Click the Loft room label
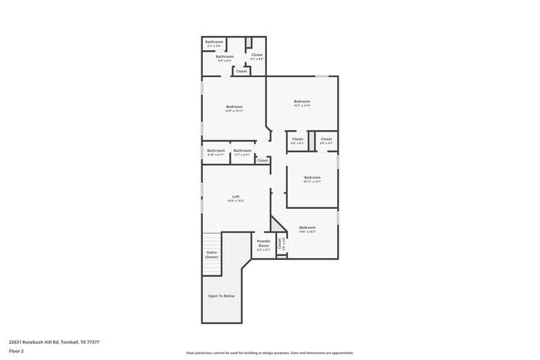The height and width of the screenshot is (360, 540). [x=236, y=197]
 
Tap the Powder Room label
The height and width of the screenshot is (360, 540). [x=264, y=244]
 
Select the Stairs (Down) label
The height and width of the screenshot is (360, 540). [x=211, y=254]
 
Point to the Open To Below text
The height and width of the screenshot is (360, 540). [x=221, y=296]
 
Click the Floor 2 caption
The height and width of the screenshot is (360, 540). [x=16, y=351]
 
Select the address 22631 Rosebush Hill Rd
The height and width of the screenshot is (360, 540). [x=54, y=341]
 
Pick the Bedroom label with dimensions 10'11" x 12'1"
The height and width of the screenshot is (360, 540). [x=312, y=178]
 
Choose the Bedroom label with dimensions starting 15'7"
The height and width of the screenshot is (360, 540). [x=302, y=103]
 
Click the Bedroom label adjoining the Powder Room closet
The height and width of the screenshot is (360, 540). [x=307, y=228]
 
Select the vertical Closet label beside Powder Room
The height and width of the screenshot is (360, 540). [x=280, y=244]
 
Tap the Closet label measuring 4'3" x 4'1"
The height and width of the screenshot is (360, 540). [x=298, y=140]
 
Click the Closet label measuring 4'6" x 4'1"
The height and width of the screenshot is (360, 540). [x=326, y=140]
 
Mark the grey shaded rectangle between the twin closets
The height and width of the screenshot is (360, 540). [x=312, y=141]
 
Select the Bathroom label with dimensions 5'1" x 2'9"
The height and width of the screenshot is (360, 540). [x=214, y=43]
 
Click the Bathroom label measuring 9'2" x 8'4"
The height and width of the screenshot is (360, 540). [x=224, y=58]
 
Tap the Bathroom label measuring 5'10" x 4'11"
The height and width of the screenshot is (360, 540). [x=216, y=152]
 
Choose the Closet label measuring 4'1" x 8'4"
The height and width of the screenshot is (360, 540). [x=257, y=56]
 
